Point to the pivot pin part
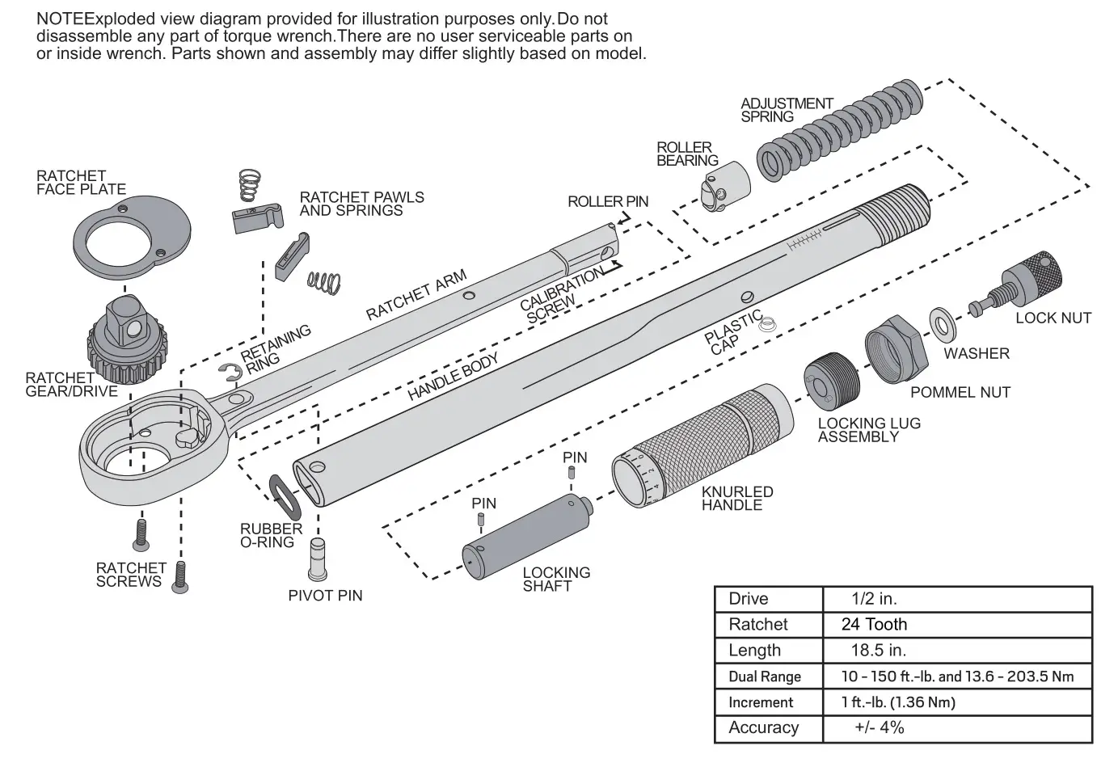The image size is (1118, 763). pos(319,558)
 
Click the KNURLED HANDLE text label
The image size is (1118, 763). pos(736,499)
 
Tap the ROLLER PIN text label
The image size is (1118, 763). pos(607,201)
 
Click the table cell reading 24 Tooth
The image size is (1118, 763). pos(874,625)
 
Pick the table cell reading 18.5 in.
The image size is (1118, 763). pos(878,651)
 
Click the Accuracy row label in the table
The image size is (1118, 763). pos(763,728)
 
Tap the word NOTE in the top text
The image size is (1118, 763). pos(60,19)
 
